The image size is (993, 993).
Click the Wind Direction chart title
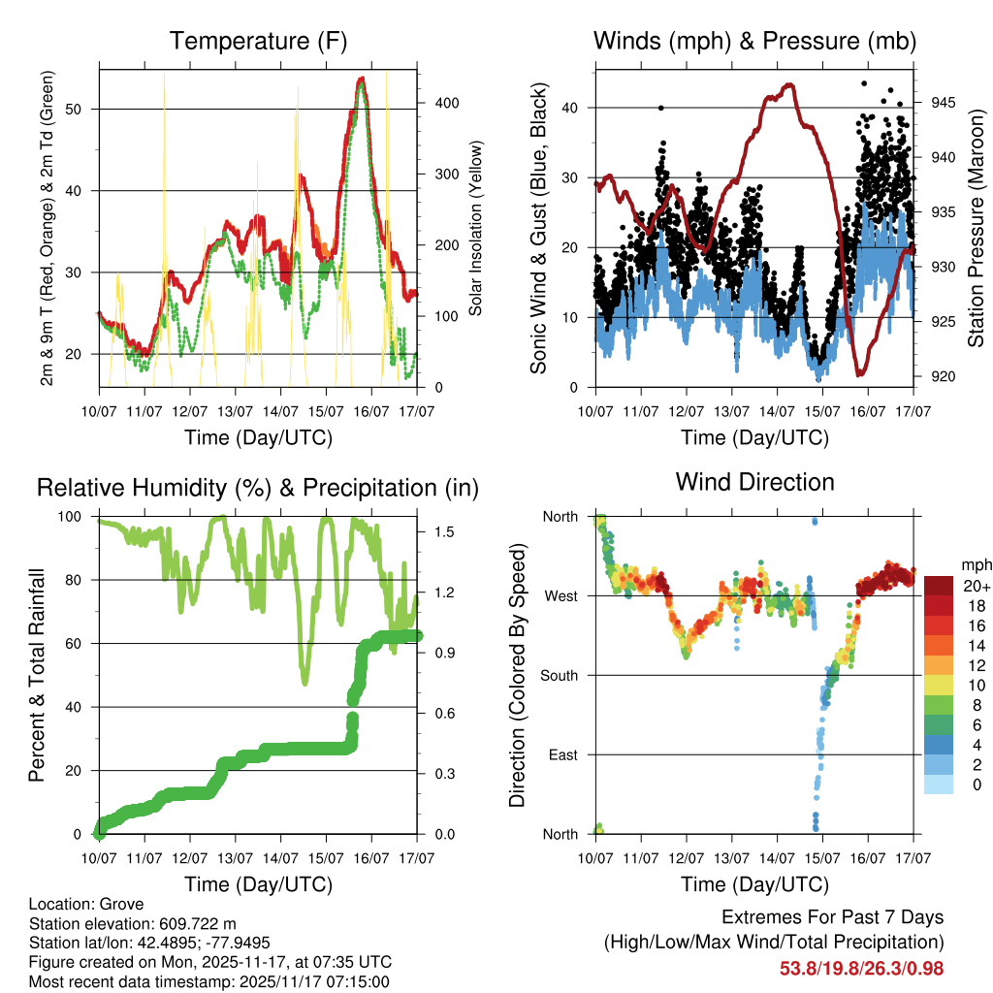tap(754, 482)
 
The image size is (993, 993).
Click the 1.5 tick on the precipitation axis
tap(433, 532)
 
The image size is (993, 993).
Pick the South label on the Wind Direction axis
tap(558, 675)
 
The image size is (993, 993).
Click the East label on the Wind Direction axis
tap(561, 754)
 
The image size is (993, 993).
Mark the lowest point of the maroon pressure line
tap(859, 373)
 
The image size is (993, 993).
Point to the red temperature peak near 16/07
tap(361, 79)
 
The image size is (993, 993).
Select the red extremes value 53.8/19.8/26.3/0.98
tap(861, 968)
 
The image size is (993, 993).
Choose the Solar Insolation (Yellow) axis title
tap(476, 228)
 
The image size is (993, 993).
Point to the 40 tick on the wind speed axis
tap(572, 108)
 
